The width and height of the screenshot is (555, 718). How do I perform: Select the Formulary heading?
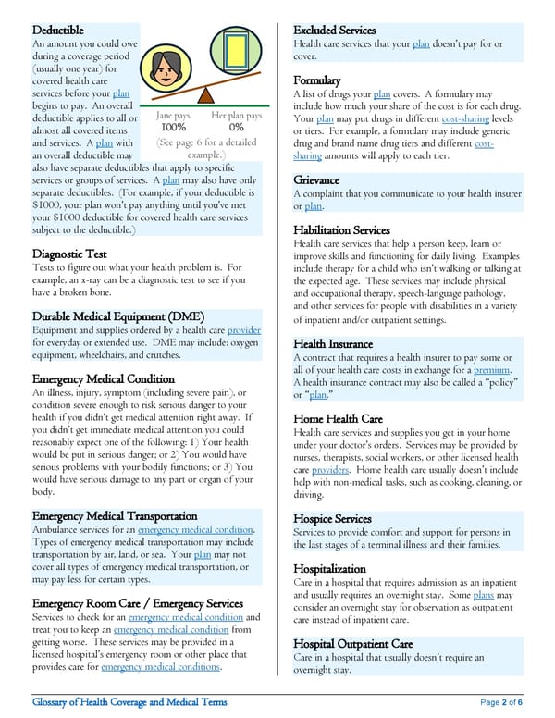317,80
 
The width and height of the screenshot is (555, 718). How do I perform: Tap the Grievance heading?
316,179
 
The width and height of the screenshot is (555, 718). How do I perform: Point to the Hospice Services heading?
332,519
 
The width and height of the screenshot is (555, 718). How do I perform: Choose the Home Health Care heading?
338,419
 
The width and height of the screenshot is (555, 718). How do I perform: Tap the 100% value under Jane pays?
173,128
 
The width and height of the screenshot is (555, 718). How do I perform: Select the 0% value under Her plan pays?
236,128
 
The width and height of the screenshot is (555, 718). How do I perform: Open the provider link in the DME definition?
244,331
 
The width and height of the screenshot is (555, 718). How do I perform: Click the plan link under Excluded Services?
421,44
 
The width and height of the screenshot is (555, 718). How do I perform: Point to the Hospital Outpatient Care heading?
352,643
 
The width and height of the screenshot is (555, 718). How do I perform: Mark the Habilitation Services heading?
341,229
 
